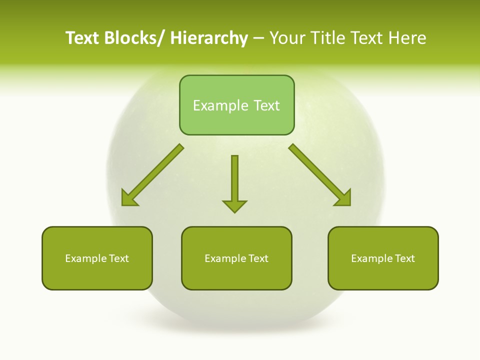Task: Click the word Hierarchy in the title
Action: tap(209, 38)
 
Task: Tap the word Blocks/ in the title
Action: tap(133, 38)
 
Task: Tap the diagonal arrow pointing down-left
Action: tap(153, 175)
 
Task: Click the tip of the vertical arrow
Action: tap(234, 212)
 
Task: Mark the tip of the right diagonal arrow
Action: tap(349, 204)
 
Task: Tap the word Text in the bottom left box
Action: tap(118, 258)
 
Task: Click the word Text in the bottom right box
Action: tap(404, 258)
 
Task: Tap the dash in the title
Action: tap(258, 38)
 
